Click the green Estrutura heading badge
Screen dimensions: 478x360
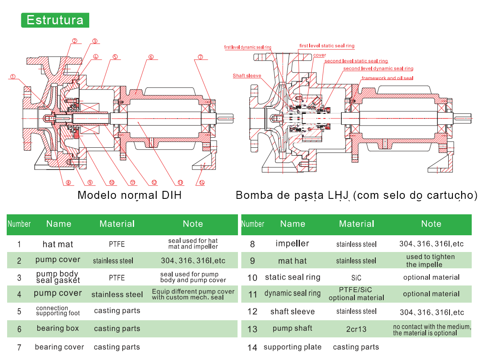click(x=55, y=20)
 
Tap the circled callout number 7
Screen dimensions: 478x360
click(x=200, y=57)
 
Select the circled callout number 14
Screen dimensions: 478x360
click(x=202, y=183)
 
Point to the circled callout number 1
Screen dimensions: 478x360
click(x=13, y=77)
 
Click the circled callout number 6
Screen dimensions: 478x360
click(x=151, y=57)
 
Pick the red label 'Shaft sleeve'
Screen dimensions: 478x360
click(x=247, y=75)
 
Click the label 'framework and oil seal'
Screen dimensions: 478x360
click(x=388, y=78)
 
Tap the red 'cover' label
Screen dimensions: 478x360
click(x=320, y=55)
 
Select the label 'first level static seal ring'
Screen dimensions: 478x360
click(x=327, y=46)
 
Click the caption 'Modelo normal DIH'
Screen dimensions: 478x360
click(x=129, y=195)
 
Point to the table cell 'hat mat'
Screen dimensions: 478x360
click(x=58, y=244)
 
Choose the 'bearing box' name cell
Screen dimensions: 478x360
click(x=58, y=328)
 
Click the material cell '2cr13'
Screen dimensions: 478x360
click(x=356, y=329)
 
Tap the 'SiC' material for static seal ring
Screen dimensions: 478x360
click(x=356, y=278)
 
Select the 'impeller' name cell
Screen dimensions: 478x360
click(x=292, y=243)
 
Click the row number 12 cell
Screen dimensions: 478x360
click(x=253, y=311)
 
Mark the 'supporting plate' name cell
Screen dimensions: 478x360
click(x=292, y=347)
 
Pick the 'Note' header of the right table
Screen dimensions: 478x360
click(x=431, y=224)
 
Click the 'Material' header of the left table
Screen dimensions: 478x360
click(x=117, y=224)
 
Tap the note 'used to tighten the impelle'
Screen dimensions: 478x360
click(x=430, y=261)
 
